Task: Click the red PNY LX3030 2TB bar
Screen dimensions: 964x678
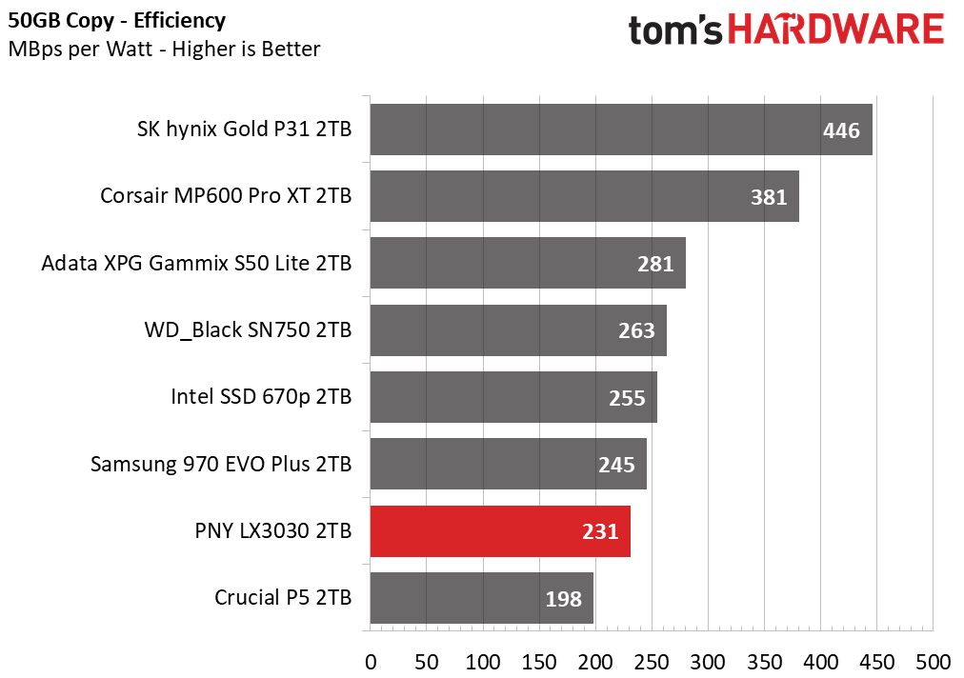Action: tap(500, 531)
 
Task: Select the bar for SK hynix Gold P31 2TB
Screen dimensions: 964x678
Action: tap(621, 130)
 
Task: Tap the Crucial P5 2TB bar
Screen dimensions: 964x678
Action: tap(481, 598)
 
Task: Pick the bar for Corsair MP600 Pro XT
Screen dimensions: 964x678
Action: tap(584, 196)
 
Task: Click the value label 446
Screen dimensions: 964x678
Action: tap(841, 130)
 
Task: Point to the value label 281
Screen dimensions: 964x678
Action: tap(655, 265)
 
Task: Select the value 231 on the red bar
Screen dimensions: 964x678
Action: tap(600, 531)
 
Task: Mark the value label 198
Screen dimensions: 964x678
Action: tap(563, 599)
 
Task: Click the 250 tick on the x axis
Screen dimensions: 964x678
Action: tap(652, 662)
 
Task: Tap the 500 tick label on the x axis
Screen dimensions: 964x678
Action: tap(934, 662)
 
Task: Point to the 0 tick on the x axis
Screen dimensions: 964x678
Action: tap(371, 662)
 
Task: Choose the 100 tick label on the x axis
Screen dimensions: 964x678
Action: tap(483, 662)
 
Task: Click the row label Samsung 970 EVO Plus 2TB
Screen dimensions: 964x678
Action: tap(221, 464)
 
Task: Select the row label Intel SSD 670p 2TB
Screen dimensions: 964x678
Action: tap(261, 396)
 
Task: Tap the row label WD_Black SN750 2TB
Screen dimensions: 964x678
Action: tap(248, 330)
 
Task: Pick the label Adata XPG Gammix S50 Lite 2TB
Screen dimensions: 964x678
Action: tap(196, 263)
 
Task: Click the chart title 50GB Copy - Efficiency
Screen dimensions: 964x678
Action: tap(117, 20)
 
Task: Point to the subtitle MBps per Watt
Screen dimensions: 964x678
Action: tap(80, 50)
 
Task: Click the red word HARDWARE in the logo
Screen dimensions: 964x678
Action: tap(836, 29)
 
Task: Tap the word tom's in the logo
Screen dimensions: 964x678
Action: tap(675, 30)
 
